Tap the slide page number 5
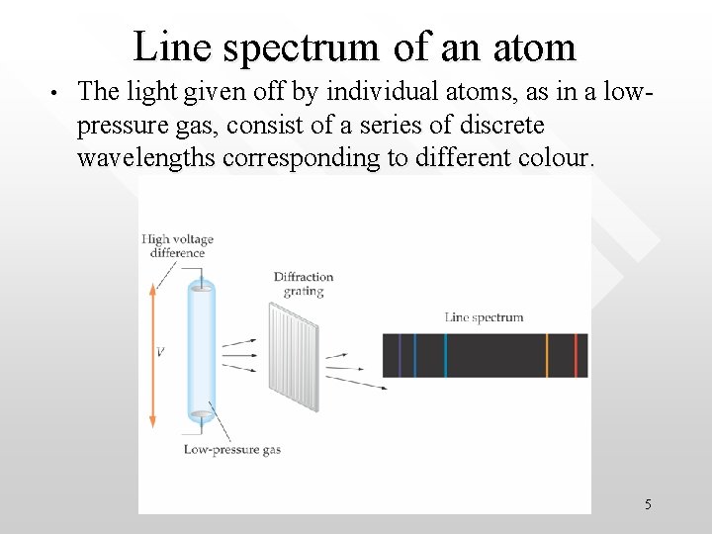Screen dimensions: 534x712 pos(648,504)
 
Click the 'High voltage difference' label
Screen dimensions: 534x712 pos(177,245)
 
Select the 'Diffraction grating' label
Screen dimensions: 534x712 pos(304,284)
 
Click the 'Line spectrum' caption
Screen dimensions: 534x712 pos(484,317)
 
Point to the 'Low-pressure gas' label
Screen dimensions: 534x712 pos(232,449)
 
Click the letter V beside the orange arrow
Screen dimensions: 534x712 pos(160,351)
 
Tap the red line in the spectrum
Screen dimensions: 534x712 pos(576,355)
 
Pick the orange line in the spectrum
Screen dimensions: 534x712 pos(546,355)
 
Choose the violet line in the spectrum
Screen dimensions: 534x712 pos(399,355)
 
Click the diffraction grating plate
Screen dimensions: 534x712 pos(294,356)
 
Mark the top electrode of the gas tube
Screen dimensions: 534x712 pos(201,288)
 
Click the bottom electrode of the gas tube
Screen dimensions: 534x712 pos(201,414)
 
